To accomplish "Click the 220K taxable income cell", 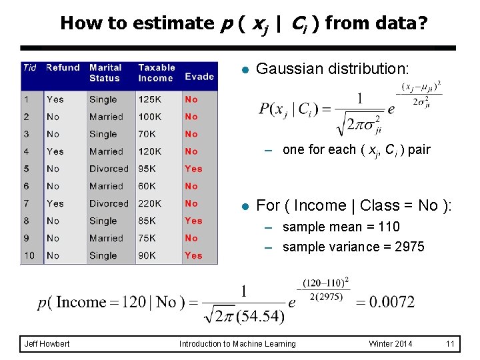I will click(150, 203).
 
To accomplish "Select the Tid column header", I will click(30, 67).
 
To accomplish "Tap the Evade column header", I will click(199, 76).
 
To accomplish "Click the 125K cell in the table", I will click(150, 99).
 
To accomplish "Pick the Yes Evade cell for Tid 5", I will click(193, 169).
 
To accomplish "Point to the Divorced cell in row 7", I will click(109, 203).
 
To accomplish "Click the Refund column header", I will click(63, 67).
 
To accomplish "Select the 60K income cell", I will click(147, 186).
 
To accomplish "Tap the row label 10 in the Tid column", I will click(29, 255).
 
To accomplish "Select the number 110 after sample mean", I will click(388, 227).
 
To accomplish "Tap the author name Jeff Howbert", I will click(47, 344).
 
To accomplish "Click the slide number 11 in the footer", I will click(450, 344).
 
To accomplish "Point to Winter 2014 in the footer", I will click(391, 344).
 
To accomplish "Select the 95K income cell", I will click(147, 169).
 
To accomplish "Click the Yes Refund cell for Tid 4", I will click(55, 151).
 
